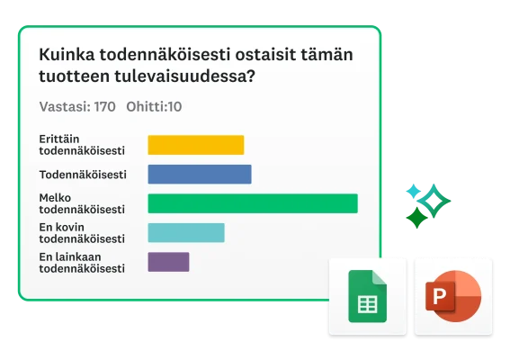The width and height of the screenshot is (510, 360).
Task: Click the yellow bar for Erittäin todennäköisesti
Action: coord(195,145)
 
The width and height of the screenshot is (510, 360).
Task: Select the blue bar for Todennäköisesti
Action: coord(199,175)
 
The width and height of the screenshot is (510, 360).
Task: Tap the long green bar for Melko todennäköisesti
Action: coord(252,203)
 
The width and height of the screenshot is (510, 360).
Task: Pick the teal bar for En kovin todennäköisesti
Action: coord(185,233)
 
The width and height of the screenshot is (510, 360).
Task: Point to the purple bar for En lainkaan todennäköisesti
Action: coord(168,262)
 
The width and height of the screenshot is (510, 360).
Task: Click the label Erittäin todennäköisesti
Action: coord(82,144)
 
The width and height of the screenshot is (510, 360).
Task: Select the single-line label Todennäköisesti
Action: coord(82,174)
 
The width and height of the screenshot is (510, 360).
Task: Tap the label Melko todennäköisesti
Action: coord(82,203)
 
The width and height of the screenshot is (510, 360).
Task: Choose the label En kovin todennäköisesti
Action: coord(82,233)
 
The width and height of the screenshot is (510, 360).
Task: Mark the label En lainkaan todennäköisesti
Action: coord(82,262)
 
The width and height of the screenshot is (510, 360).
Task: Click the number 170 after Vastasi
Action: coord(104,106)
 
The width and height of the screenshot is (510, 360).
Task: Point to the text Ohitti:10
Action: coord(154,106)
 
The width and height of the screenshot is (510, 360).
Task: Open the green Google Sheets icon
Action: coord(366,297)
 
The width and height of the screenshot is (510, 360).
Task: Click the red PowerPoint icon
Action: coord(452,297)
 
